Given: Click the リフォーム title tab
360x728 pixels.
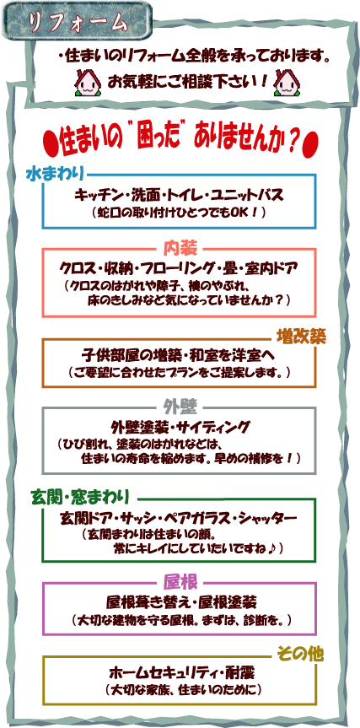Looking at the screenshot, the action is tap(78, 22).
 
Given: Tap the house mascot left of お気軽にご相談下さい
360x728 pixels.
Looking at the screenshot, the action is tap(88, 82).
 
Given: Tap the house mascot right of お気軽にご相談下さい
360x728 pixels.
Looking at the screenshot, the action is tap(287, 82).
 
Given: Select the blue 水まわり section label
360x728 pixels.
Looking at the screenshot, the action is tap(56, 175).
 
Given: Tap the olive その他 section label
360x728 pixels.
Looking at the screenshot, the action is tap(300, 654).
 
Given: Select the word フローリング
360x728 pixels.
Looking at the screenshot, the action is tap(202, 268).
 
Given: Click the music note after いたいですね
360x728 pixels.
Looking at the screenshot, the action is tap(272, 549).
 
